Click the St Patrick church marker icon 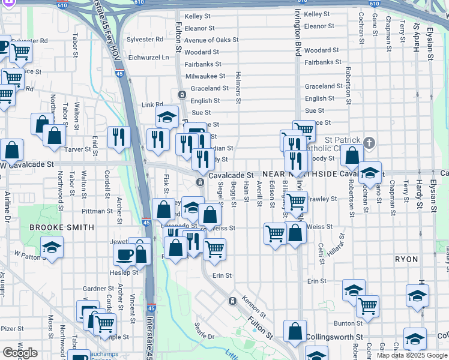click(x=369, y=143)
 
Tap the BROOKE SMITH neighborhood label click(x=62, y=227)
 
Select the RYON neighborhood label click(x=406, y=259)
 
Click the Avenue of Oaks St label click(x=207, y=40)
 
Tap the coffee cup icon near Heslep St click(x=124, y=254)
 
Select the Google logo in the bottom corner click(x=20, y=353)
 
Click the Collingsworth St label click(x=334, y=338)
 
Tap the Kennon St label click(x=253, y=305)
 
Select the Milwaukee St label click(x=205, y=76)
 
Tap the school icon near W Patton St click(x=52, y=247)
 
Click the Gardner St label click(x=94, y=289)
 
